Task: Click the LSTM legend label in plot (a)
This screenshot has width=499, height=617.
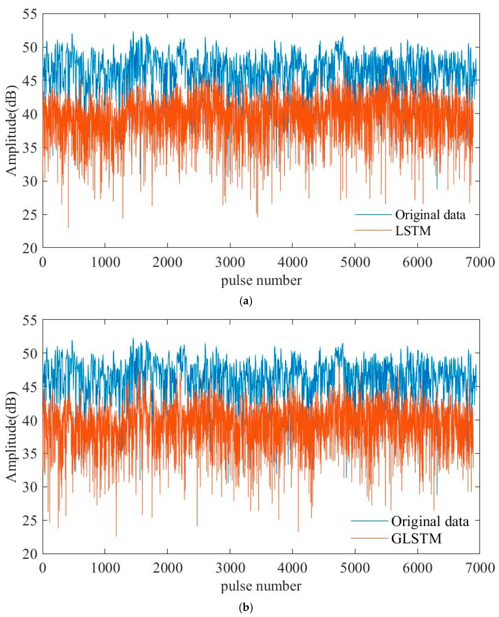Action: tap(413, 231)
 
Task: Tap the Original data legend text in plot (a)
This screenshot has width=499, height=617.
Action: tap(430, 215)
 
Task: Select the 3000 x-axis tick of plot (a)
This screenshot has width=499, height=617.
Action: tap(230, 262)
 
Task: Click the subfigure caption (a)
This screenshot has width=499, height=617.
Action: tap(246, 301)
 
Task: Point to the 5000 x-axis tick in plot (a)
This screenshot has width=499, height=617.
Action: tap(355, 262)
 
